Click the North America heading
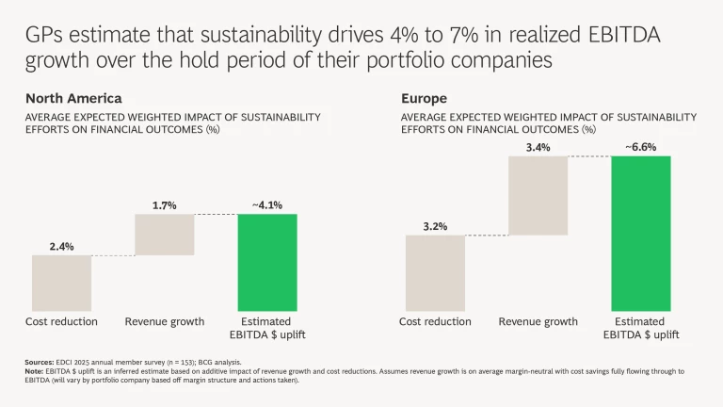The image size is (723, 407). [73, 98]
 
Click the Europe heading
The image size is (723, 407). [425, 98]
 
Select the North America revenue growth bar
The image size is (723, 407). [165, 235]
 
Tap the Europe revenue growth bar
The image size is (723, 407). [538, 195]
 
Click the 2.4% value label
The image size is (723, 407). [61, 246]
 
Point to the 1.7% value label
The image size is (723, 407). [165, 204]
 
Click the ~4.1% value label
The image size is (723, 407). [266, 204]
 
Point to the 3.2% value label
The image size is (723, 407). [435, 226]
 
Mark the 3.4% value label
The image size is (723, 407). [538, 147]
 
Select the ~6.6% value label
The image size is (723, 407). [640, 147]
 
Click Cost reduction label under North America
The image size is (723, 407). [61, 322]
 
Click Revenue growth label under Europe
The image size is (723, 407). [538, 322]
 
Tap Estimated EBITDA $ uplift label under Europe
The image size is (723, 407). [640, 328]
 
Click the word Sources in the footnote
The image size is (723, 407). [40, 362]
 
